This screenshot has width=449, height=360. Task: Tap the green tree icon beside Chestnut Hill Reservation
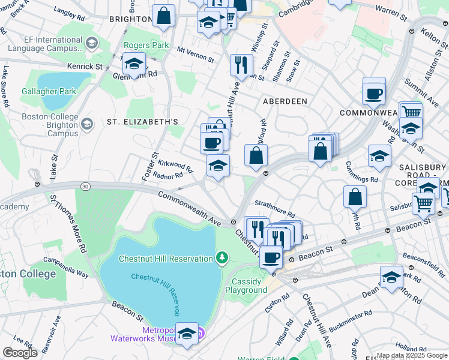point(223,258)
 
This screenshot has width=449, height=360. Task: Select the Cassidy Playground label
point(246,286)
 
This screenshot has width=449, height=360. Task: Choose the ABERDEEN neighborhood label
point(285,101)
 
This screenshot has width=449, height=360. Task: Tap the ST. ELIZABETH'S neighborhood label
point(142,122)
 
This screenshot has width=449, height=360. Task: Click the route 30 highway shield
point(86,187)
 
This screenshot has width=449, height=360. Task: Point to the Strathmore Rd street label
point(275,209)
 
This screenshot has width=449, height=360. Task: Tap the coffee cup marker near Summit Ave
point(373,94)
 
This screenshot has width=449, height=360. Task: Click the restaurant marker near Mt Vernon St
point(241,64)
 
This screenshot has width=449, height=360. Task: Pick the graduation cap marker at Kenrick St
point(134,64)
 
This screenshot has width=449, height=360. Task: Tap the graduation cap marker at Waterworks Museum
point(187,335)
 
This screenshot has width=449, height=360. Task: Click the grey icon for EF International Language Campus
point(91,43)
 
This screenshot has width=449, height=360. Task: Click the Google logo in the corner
point(20,353)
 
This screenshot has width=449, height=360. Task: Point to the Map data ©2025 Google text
point(412,355)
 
